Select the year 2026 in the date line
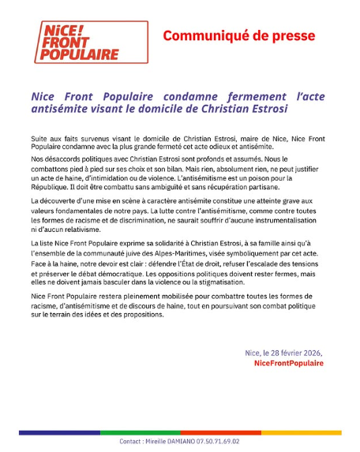click(311, 353)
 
